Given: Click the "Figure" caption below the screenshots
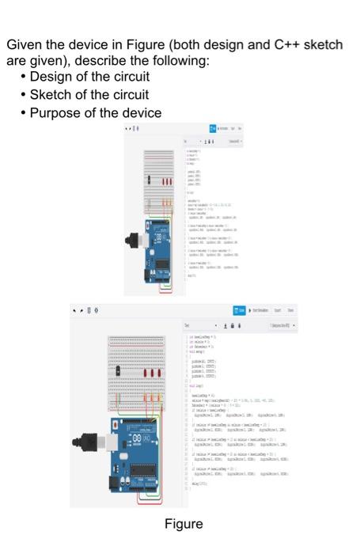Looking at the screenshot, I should tap(184, 524).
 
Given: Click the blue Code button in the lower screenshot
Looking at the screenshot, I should tap(239, 310).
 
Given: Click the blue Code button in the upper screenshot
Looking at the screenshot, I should tap(213, 129).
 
